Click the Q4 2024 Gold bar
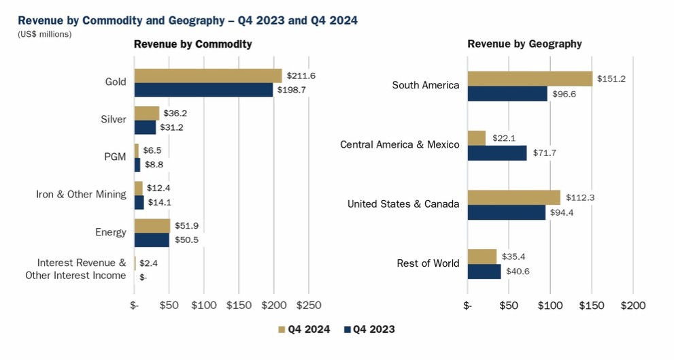[207, 76]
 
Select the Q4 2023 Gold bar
[203, 90]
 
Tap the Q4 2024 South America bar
[530, 78]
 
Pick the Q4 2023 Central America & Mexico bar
[497, 152]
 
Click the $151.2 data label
[611, 78]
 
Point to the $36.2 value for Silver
[175, 113]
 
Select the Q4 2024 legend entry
[304, 329]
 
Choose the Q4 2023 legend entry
[369, 329]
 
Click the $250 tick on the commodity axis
[308, 306]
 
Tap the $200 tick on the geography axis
[633, 306]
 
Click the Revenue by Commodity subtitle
[192, 44]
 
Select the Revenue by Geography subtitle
[524, 44]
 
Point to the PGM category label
[115, 157]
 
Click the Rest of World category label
[428, 263]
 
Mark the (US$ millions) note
[44, 34]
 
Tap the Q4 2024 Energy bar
[152, 226]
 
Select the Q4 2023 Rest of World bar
[484, 271]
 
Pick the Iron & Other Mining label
[81, 194]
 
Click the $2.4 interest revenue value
[149, 263]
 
